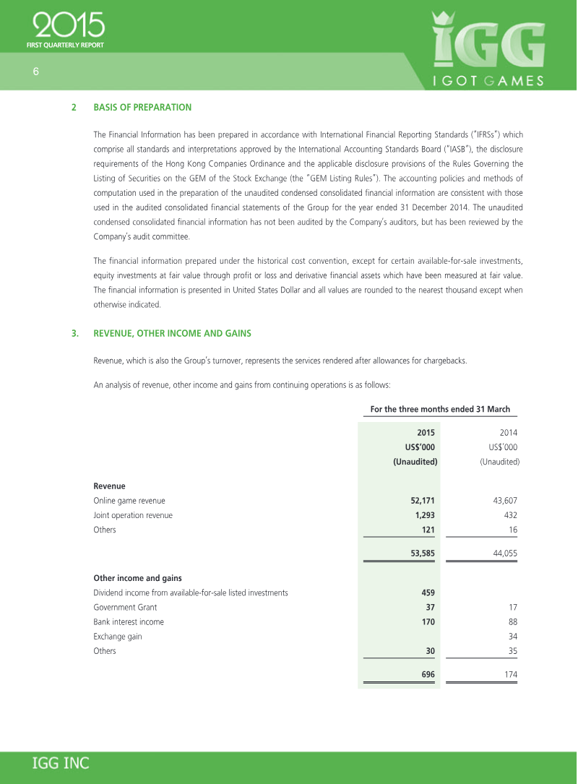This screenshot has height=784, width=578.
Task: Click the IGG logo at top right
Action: pyautogui.click(x=488, y=47)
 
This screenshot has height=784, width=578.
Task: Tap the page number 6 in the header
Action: pyautogui.click(x=35, y=71)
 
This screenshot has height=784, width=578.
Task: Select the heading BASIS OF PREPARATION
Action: pyautogui.click(x=142, y=107)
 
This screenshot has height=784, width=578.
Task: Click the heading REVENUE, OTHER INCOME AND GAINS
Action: pyautogui.click(x=172, y=333)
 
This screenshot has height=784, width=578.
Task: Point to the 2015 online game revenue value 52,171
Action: pyautogui.click(x=418, y=500)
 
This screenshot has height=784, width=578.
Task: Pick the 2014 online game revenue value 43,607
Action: pyautogui.click(x=501, y=500)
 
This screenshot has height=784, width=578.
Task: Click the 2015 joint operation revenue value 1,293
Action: pyautogui.click(x=420, y=515)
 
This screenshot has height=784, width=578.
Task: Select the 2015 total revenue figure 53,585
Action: pyautogui.click(x=418, y=553)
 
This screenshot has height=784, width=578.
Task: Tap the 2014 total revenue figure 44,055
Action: pyautogui.click(x=501, y=553)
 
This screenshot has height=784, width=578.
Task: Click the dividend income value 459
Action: pyautogui.click(x=427, y=593)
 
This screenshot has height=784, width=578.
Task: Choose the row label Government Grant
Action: pyautogui.click(x=125, y=607)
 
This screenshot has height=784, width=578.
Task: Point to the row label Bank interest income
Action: pyautogui.click(x=129, y=621)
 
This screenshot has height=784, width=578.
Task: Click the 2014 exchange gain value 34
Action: pyautogui.click(x=512, y=637)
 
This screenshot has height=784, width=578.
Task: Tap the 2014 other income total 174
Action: pyautogui.click(x=509, y=674)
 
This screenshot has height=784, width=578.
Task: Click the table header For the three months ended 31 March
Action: pyautogui.click(x=440, y=409)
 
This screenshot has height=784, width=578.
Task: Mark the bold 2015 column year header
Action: pyautogui.click(x=426, y=433)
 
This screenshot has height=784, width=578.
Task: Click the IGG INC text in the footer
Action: pyautogui.click(x=61, y=763)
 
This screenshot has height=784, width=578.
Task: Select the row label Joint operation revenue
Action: pyautogui.click(x=133, y=515)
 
